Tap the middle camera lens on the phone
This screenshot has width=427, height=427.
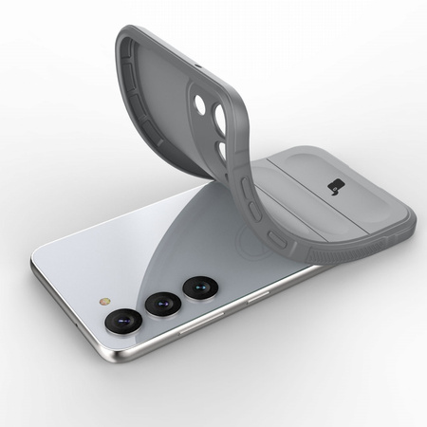point(161,304)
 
